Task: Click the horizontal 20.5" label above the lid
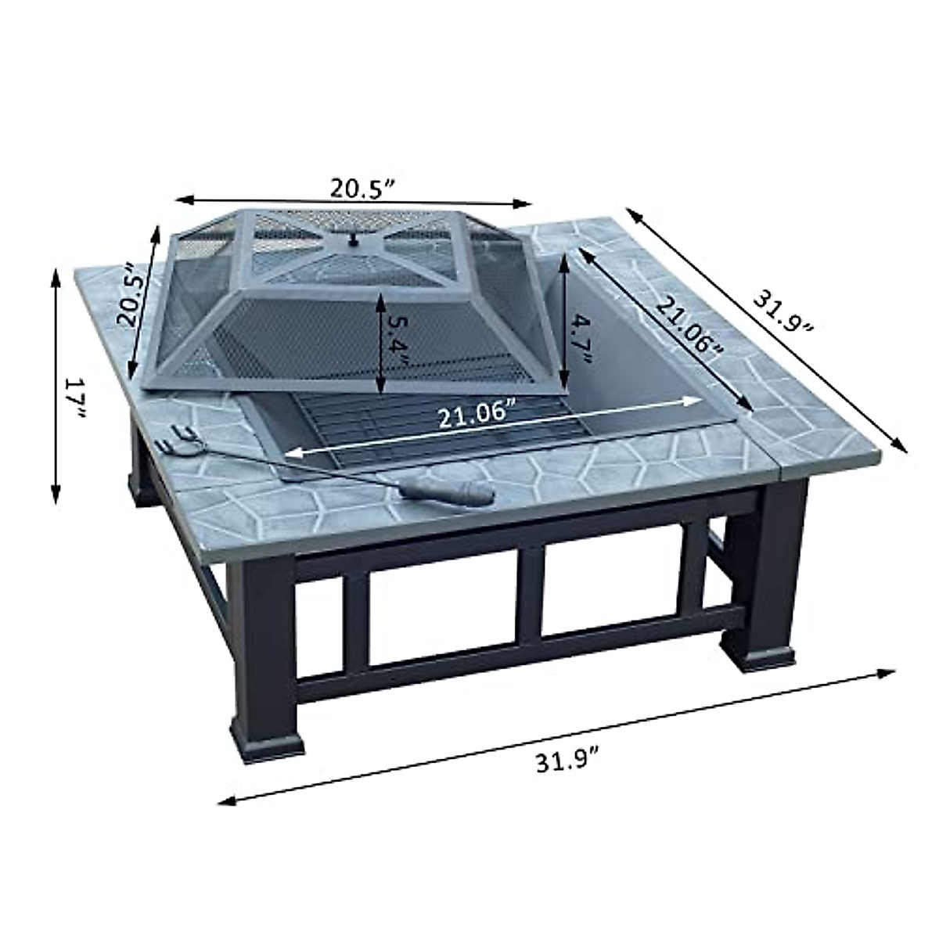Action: coord(359,189)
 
